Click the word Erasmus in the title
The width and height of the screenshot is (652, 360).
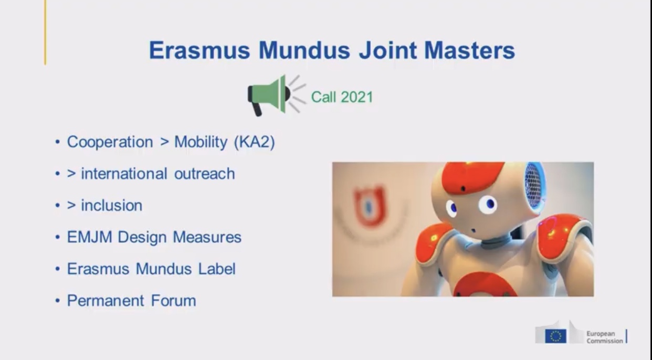tap(199, 50)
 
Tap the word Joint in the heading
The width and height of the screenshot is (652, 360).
tap(388, 50)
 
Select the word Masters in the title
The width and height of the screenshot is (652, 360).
tap(469, 50)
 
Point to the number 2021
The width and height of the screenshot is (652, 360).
tap(356, 97)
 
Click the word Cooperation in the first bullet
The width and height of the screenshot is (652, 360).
tap(110, 142)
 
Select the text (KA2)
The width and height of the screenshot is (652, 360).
tap(255, 142)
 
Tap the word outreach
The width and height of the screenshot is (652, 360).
tap(204, 174)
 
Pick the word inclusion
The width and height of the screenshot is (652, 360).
tap(112, 205)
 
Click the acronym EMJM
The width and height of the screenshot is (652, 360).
tap(90, 237)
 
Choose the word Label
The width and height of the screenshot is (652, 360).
tap(217, 269)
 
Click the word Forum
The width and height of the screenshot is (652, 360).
tap(173, 300)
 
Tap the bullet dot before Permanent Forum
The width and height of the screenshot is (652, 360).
tap(58, 301)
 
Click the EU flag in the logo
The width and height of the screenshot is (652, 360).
tap(555, 336)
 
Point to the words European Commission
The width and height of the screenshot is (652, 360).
tap(605, 337)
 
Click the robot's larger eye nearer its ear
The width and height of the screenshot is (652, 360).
tap(488, 204)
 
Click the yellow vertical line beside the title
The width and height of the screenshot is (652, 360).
tap(45, 33)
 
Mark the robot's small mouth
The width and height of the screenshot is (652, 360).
tap(473, 231)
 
